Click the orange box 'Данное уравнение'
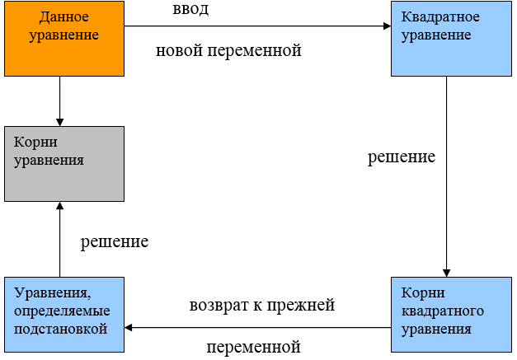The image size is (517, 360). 64,39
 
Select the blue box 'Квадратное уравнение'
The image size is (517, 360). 451,39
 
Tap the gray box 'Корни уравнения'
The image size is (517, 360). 64,164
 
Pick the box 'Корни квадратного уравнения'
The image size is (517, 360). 451,315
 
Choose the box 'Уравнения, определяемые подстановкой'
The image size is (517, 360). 64,315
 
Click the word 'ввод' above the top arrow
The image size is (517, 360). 190,9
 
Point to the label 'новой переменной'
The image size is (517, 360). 228,51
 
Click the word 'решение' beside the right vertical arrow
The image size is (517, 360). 402,157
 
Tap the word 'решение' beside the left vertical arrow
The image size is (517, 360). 115,242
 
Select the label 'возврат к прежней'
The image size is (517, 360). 262,306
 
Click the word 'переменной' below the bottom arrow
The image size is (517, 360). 254,347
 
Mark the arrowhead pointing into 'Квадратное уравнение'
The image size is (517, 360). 388,26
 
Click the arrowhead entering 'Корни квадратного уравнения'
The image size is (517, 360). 446,273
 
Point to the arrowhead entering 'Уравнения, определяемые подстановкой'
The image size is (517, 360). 129,328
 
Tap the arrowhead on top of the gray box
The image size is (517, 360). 59,122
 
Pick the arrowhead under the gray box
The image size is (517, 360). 59,205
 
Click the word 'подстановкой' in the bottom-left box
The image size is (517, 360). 61,330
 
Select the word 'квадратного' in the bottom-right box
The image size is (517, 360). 443,311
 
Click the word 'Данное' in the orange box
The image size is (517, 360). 64,17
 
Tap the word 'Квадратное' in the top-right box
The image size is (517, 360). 440,17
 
